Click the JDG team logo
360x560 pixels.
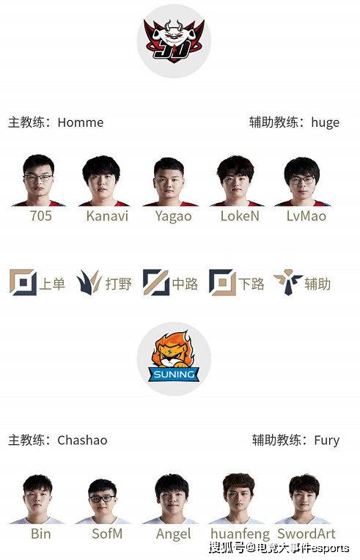(x=174, y=40)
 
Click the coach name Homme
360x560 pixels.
(x=81, y=122)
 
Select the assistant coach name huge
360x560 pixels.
(x=325, y=123)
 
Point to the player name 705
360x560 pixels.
(x=41, y=215)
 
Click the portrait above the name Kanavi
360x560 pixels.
(x=102, y=181)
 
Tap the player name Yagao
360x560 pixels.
(x=173, y=216)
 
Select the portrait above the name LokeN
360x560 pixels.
(x=235, y=181)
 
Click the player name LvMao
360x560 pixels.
(x=306, y=215)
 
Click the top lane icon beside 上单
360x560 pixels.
(x=23, y=282)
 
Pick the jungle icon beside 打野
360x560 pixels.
(x=88, y=282)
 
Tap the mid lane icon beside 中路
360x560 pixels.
(x=156, y=282)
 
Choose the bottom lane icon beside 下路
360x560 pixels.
(x=222, y=282)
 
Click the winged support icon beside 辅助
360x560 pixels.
(x=288, y=282)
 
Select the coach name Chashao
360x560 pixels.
(x=82, y=440)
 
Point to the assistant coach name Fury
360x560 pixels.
(x=326, y=441)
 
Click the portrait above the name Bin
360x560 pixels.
(x=37, y=499)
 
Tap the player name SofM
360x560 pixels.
(x=107, y=534)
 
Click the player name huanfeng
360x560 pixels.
(x=240, y=534)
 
